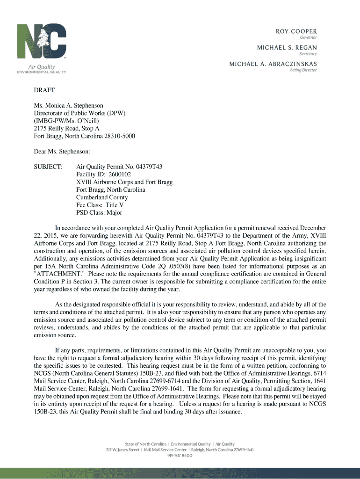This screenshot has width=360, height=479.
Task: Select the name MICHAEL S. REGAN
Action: pyautogui.click(x=287, y=47)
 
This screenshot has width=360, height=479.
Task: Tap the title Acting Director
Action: pyautogui.click(x=303, y=70)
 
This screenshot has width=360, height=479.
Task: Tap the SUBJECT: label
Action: pyautogui.click(x=48, y=167)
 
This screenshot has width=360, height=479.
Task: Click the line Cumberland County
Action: pyautogui.click(x=102, y=197)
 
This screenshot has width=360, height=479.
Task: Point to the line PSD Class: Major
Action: pyautogui.click(x=99, y=212)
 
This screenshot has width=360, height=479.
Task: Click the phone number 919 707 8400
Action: pyautogui.click(x=180, y=456)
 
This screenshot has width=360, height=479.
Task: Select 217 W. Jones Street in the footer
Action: pyautogui.click(x=122, y=450)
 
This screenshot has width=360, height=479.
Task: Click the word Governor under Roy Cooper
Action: pyautogui.click(x=308, y=37)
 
